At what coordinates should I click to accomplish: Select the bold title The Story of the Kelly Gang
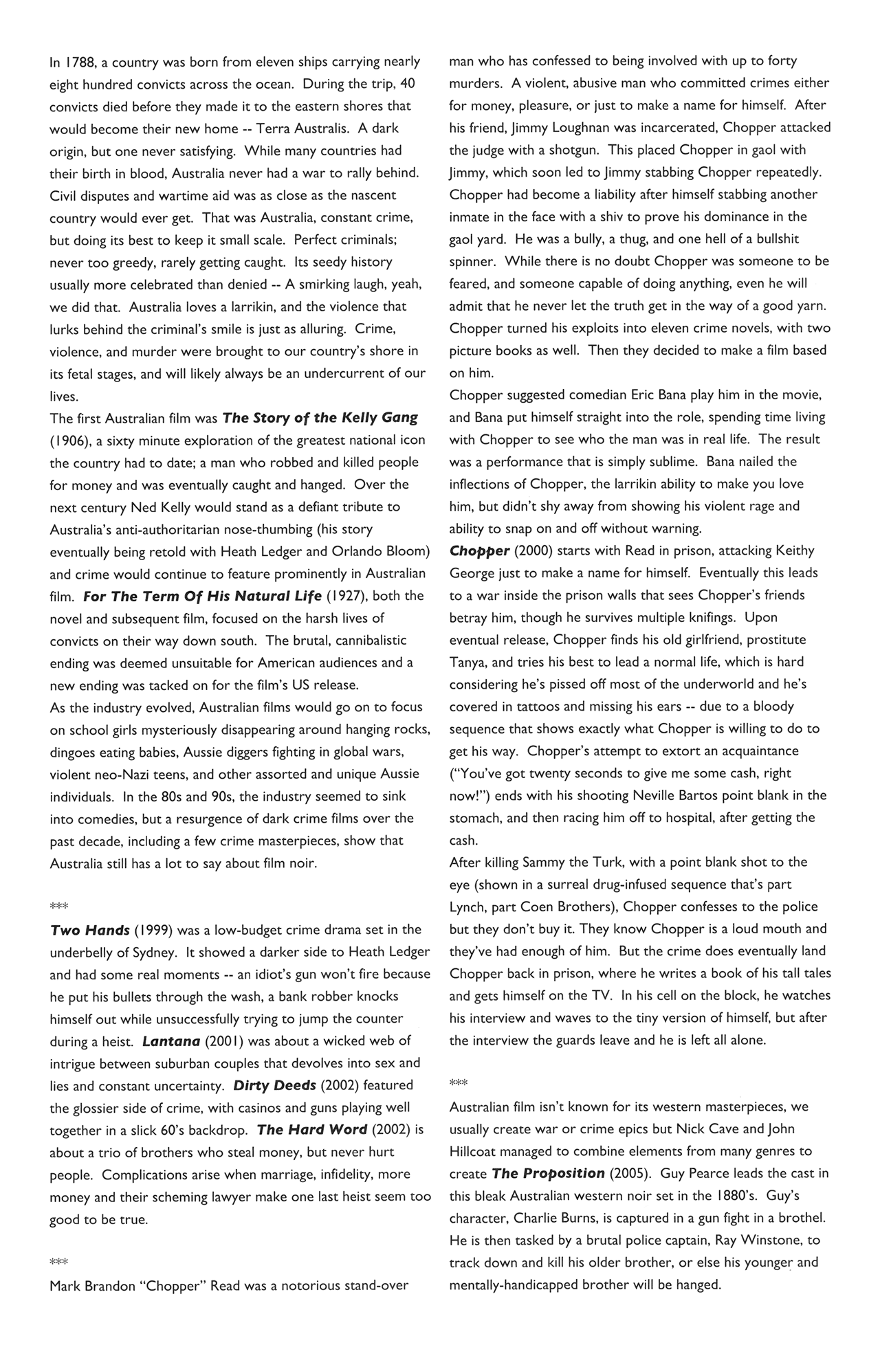click(320, 418)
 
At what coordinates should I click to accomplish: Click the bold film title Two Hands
click(90, 930)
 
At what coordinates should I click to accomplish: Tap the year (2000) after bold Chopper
click(531, 551)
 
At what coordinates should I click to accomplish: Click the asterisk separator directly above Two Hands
click(59, 905)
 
